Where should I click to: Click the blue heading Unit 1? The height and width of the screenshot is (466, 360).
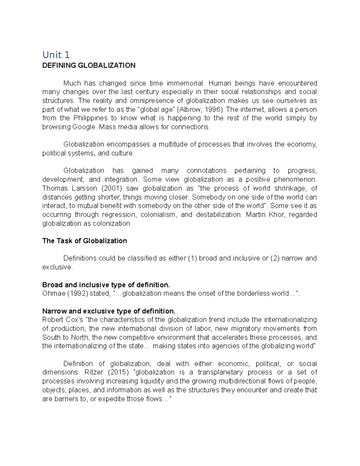pyautogui.click(x=56, y=55)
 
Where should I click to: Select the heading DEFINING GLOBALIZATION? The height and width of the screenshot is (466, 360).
pyautogui.click(x=89, y=65)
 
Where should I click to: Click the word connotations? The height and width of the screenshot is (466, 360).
pyautogui.click(x=206, y=171)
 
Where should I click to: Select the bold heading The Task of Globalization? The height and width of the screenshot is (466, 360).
pyautogui.click(x=85, y=241)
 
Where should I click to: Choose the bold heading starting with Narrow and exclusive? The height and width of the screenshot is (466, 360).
pyautogui.click(x=109, y=311)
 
